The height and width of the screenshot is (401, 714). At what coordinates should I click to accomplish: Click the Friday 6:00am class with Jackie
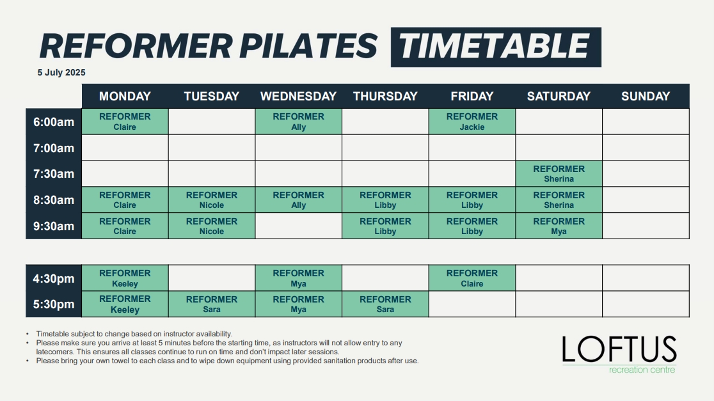click(x=472, y=122)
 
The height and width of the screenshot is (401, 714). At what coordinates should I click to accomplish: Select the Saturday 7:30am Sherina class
click(x=559, y=173)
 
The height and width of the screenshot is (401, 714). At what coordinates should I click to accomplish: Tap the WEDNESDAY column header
click(x=298, y=96)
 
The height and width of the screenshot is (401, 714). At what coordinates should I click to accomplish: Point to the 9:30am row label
click(x=54, y=226)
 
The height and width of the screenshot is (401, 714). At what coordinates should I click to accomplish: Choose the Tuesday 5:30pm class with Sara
click(x=212, y=304)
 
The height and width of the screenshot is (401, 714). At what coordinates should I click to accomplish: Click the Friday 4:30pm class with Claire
click(x=472, y=278)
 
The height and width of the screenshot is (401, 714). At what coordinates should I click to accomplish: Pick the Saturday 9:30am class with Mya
click(x=559, y=226)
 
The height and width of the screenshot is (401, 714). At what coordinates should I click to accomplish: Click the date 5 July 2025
click(x=61, y=72)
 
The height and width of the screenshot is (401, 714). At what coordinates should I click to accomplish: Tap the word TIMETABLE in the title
click(x=496, y=47)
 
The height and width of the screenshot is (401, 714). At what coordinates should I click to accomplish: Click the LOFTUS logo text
click(x=619, y=350)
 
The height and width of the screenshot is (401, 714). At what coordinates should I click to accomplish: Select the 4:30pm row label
click(x=54, y=278)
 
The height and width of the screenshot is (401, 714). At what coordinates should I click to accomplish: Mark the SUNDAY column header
click(x=646, y=96)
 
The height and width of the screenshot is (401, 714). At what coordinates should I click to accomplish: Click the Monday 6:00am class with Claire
click(x=125, y=122)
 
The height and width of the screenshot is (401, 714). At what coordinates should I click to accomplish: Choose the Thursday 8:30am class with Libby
click(x=385, y=200)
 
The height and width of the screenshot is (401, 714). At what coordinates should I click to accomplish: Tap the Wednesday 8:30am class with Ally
click(x=298, y=200)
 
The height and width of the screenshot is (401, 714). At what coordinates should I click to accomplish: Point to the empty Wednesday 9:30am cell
click(x=298, y=226)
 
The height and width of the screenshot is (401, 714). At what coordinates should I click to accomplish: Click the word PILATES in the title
click(x=308, y=46)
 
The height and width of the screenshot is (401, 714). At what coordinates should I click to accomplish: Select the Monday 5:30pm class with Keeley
click(x=125, y=304)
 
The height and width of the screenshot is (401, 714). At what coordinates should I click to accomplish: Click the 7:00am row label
click(x=54, y=148)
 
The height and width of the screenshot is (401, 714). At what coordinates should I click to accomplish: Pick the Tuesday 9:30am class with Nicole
click(x=212, y=226)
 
